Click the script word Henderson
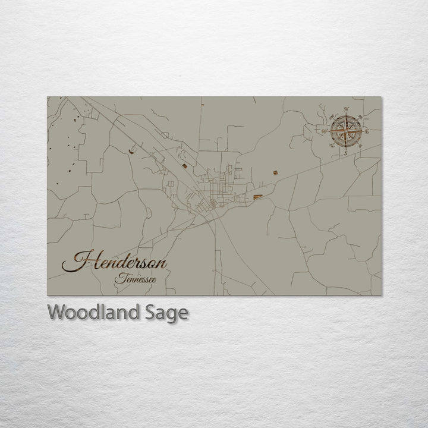[x=116, y=262]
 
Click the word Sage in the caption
[x=169, y=313]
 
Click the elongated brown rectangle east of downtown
[x=258, y=196]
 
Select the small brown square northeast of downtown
[x=275, y=173]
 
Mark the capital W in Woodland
[x=57, y=312]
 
